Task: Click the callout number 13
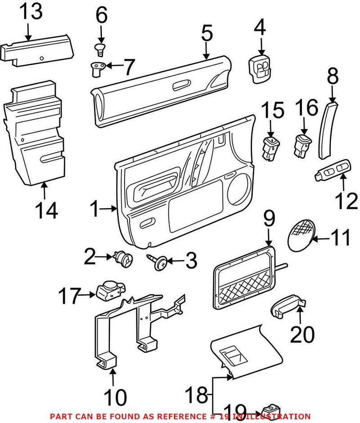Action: pyautogui.click(x=31, y=13)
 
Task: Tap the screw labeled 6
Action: pyautogui.click(x=100, y=48)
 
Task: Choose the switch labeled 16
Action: pyautogui.click(x=302, y=146)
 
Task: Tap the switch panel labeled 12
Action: pyautogui.click(x=332, y=171)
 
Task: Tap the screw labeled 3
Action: pyautogui.click(x=158, y=262)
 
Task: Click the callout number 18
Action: pyautogui.click(x=198, y=396)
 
